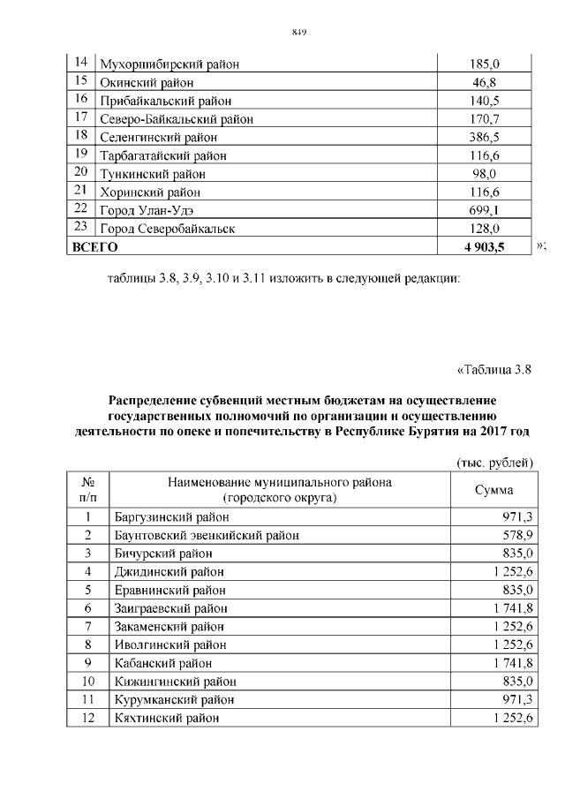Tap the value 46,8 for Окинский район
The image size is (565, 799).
point(485,82)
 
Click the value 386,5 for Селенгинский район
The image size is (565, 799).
point(485,138)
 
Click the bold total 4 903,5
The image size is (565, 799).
point(484,247)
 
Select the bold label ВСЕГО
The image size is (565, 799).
point(94,247)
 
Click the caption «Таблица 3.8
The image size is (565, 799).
point(495,370)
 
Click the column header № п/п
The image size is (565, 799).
point(87,491)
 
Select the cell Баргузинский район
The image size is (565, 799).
point(170,516)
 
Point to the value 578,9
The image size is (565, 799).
point(517,535)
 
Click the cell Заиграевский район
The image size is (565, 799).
point(171,608)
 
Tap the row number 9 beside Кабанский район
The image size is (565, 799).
point(87,663)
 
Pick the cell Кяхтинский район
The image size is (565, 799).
point(165,718)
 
